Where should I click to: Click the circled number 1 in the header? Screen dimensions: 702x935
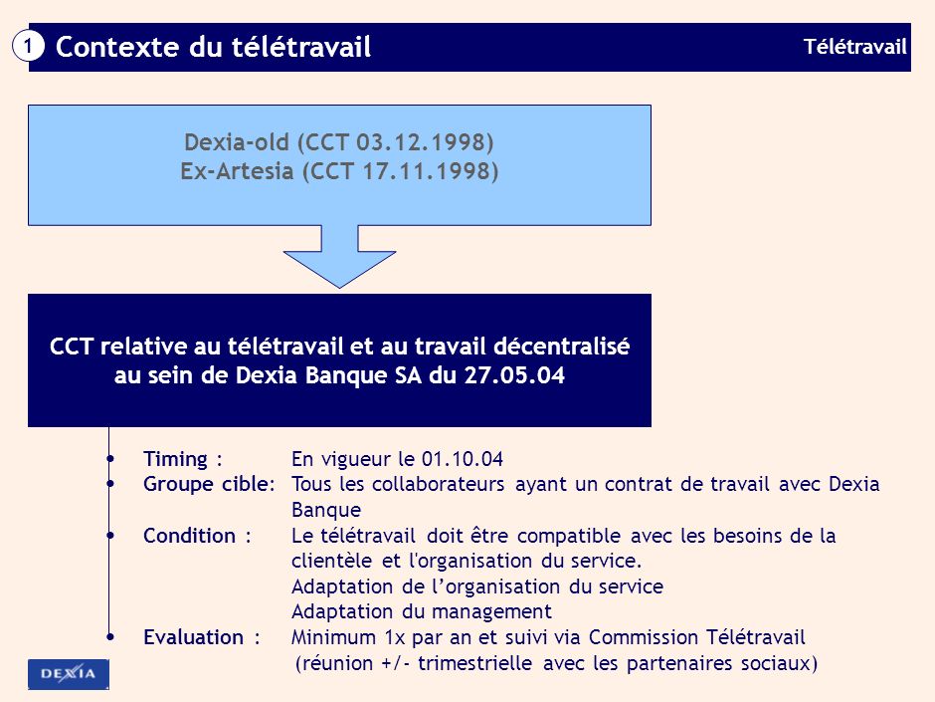tap(30, 46)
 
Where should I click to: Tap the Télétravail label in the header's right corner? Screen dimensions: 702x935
tap(855, 46)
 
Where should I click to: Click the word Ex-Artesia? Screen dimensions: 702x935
tap(237, 170)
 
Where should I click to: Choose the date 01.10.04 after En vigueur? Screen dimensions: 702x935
tap(463, 459)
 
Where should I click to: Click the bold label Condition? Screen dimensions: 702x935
tap(189, 536)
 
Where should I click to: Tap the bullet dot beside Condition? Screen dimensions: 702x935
tap(109, 536)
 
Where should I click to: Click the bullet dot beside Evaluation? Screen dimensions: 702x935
tap(109, 637)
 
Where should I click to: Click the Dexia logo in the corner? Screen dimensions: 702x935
tap(69, 674)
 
